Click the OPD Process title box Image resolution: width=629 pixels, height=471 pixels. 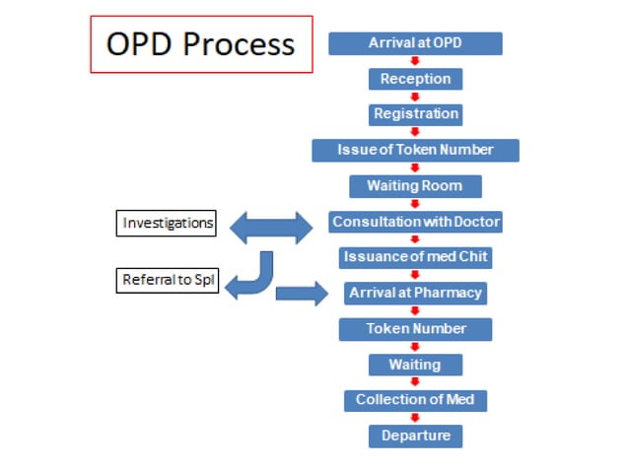[201, 44]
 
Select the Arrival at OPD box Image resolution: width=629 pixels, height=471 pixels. [415, 43]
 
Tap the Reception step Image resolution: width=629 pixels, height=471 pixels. [415, 79]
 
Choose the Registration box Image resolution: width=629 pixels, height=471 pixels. [415, 114]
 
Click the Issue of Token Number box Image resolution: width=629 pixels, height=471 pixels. [415, 150]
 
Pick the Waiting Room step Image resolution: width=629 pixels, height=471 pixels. [415, 186]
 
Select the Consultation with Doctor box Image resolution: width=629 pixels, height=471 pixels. [415, 222]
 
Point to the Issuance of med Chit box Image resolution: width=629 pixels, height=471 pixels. [415, 257]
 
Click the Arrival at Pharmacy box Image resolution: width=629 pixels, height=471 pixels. [415, 293]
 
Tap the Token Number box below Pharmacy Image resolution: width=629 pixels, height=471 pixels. [415, 328]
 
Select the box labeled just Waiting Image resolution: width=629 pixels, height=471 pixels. [415, 365]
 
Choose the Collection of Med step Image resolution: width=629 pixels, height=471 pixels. [415, 400]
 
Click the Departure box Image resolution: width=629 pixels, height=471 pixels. [415, 436]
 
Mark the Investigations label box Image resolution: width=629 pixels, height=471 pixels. [168, 224]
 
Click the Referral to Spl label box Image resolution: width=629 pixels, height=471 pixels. [169, 280]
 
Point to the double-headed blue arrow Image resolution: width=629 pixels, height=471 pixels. [270, 228]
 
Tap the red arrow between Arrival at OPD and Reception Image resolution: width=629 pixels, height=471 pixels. [415, 61]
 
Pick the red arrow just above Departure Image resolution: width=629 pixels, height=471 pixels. [415, 418]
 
